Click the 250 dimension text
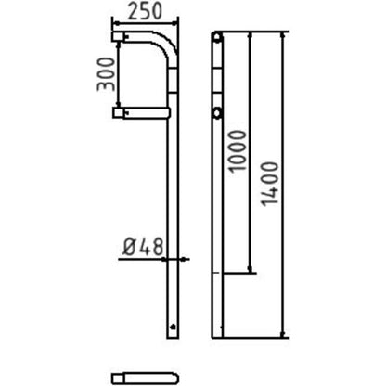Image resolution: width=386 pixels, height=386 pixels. [x=145, y=12]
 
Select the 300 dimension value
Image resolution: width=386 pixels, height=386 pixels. [x=106, y=74]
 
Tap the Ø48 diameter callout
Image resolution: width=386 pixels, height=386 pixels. [x=143, y=247]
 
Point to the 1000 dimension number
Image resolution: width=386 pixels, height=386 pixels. [x=237, y=150]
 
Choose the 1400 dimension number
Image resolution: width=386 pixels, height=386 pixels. [x=269, y=184]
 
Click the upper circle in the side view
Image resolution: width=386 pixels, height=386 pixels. [x=217, y=38]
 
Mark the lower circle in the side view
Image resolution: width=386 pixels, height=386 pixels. [x=217, y=113]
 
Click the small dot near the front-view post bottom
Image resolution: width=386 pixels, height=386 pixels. [x=173, y=326]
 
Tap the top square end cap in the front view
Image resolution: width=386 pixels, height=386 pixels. [x=118, y=36]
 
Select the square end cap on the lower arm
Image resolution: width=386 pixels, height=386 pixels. [x=118, y=112]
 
